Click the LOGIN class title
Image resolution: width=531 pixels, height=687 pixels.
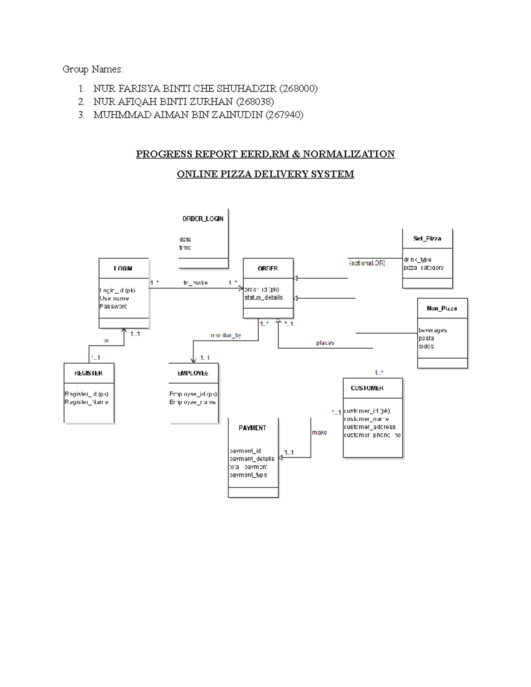(123, 269)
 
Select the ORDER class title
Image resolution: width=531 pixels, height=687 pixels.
(268, 269)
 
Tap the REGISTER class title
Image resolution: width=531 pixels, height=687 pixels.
(88, 373)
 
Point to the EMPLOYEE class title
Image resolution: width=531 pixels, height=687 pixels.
(193, 373)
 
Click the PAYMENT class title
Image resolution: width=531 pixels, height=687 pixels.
(252, 428)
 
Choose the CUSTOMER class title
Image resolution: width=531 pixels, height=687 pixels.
(367, 388)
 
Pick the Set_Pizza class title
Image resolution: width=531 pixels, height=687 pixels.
(427, 238)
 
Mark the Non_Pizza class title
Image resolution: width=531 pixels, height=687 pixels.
(442, 308)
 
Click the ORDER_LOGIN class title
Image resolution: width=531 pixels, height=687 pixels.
(203, 219)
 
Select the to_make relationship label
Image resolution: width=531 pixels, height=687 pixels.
(196, 283)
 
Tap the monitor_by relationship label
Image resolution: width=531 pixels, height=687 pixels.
(226, 335)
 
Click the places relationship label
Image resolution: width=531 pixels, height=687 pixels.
(325, 343)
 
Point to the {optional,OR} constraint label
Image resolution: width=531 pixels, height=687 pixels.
(367, 263)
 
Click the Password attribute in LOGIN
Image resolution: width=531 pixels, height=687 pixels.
(113, 306)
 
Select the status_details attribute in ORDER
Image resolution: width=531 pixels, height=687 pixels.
(263, 298)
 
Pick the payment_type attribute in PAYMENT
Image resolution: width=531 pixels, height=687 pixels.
(248, 475)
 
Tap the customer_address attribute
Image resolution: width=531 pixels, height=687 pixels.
(369, 427)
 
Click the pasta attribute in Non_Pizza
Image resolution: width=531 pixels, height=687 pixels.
(426, 338)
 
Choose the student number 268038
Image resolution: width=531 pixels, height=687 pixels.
(255, 102)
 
